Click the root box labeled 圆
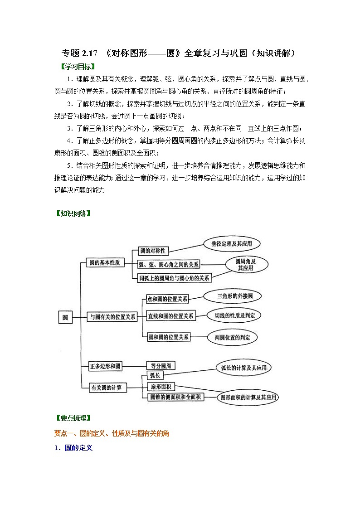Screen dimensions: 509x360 (65, 317)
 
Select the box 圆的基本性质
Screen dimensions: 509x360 (105, 263)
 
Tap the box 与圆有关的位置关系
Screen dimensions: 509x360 (112, 317)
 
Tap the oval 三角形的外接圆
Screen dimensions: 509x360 (232, 296)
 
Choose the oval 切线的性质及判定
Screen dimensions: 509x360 (234, 315)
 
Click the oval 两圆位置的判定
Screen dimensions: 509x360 (232, 337)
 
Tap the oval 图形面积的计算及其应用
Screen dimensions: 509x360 (247, 398)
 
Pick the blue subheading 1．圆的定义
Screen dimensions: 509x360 (73, 447)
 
